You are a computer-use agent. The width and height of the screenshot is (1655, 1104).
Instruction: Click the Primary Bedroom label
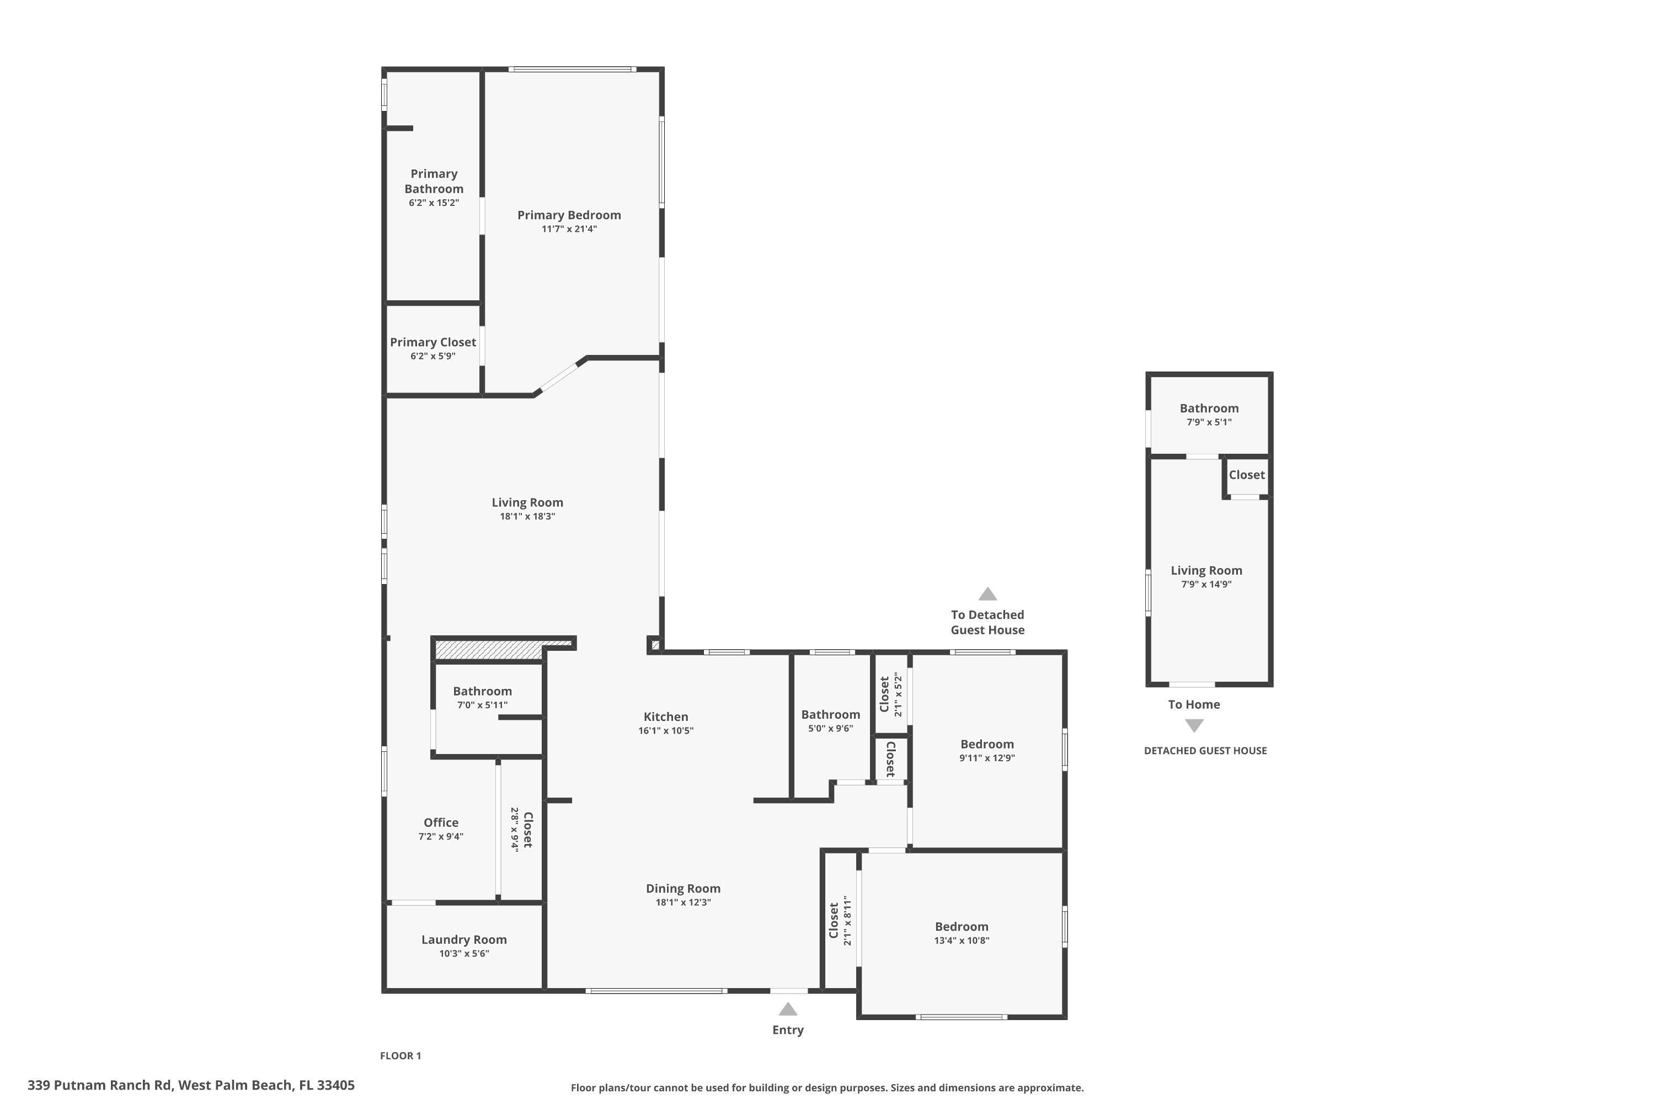point(569,215)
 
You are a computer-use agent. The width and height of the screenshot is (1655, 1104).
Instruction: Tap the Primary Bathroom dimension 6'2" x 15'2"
point(434,203)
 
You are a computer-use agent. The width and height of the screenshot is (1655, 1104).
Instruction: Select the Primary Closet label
point(433,342)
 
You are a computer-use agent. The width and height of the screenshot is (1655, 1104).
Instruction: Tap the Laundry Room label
point(464,940)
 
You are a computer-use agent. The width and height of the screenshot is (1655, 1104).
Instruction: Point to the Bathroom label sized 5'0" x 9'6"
point(830,715)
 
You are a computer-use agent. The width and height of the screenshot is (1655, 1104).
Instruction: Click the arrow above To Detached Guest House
point(987,595)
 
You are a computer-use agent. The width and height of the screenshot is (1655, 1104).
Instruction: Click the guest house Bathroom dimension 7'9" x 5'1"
point(1209,422)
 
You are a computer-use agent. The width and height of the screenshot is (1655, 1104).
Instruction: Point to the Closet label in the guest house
point(1246,475)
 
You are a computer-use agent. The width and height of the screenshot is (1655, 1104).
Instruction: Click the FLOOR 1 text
point(401,1055)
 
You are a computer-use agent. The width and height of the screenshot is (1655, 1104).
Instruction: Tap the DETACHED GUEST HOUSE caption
point(1205,751)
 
